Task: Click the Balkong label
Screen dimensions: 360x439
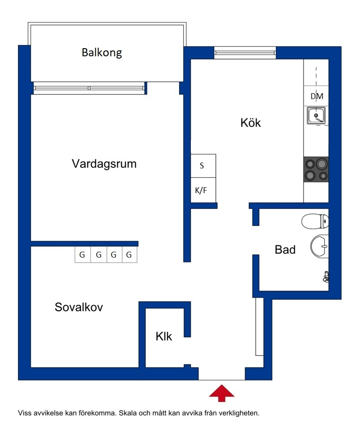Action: (x=102, y=53)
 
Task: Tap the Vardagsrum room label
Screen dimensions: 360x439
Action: (x=104, y=164)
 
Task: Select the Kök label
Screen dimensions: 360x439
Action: (x=251, y=123)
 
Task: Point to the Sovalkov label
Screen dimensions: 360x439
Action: (x=79, y=307)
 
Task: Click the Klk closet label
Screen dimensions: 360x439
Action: (x=164, y=336)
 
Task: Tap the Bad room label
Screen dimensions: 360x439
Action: (x=285, y=249)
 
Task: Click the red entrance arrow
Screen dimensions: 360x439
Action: (x=221, y=393)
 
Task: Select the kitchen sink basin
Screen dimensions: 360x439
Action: (x=316, y=115)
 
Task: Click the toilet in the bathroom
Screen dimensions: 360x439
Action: (x=315, y=221)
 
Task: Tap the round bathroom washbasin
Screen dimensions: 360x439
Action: (x=319, y=247)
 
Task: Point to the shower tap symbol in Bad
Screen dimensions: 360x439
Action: (x=326, y=276)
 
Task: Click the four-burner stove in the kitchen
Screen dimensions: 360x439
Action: (x=316, y=169)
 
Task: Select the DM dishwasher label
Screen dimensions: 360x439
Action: (x=317, y=96)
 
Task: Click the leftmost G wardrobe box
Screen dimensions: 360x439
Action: (x=83, y=255)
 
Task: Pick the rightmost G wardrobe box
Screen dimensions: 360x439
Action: (x=130, y=255)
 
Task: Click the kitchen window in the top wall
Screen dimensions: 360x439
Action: (x=245, y=53)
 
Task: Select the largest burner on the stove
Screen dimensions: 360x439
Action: (x=322, y=163)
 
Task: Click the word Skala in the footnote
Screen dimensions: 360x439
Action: (x=127, y=413)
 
